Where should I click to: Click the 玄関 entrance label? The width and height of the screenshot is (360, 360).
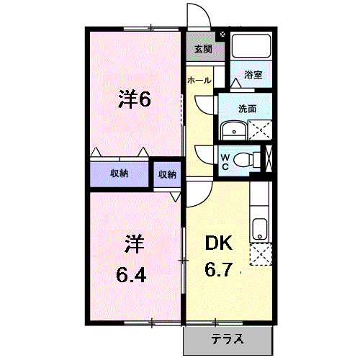[x=203, y=49]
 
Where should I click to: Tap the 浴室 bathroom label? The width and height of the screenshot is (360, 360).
[x=253, y=75]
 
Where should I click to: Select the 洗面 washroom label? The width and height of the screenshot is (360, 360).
[x=247, y=109]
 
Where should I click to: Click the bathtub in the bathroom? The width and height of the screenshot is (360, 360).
[x=251, y=46]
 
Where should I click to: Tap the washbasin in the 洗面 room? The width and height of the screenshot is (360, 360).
[x=234, y=130]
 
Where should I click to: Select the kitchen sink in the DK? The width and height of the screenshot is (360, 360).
[x=259, y=229]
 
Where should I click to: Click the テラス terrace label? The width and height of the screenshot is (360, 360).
[x=227, y=339]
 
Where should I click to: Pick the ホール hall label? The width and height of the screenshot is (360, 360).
[x=199, y=81]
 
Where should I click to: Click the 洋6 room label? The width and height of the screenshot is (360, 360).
[x=135, y=99]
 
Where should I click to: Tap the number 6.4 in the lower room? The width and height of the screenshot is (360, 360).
[x=131, y=275]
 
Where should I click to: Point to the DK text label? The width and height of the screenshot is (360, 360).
[x=219, y=243]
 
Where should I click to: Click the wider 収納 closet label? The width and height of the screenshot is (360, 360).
[x=120, y=174]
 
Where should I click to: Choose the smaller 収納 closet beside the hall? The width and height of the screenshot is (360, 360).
[x=167, y=174]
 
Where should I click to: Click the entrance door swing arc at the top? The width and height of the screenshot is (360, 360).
[x=203, y=10]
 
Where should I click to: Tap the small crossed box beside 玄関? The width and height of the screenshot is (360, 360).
[x=222, y=35]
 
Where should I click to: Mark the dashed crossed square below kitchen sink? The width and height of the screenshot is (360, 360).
[x=261, y=254]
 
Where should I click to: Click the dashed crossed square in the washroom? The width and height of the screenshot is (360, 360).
[x=260, y=130]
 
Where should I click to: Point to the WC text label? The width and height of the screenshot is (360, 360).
[x=225, y=162]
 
